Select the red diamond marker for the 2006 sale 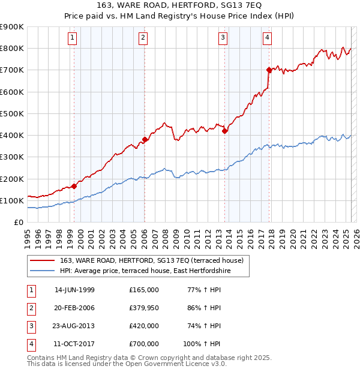tap(145, 140)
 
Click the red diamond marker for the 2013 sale tap(224, 131)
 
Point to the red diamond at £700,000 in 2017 tap(269, 70)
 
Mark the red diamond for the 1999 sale tap(74, 186)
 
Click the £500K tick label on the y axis tap(12, 113)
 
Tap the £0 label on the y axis tap(18, 222)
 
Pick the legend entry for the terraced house tap(151, 260)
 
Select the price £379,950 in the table tap(144, 308)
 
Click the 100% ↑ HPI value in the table tap(202, 344)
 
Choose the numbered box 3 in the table tap(29, 326)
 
